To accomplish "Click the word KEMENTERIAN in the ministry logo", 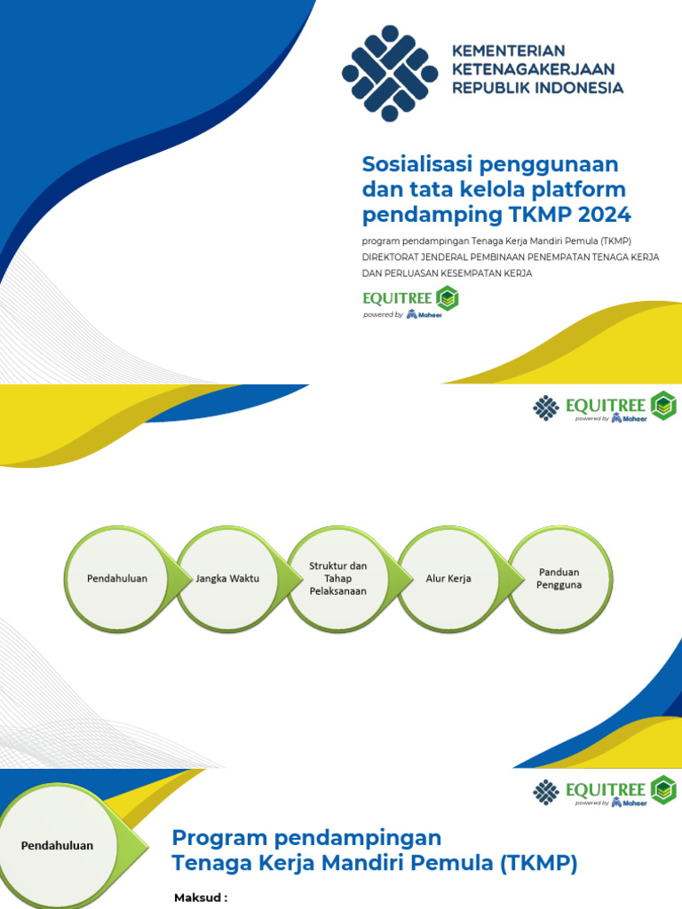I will [x=509, y=51].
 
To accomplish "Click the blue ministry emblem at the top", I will [x=390, y=73].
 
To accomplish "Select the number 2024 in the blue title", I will [x=603, y=214].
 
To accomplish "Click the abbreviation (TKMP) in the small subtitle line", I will [x=613, y=241].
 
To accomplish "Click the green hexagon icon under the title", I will [x=448, y=299].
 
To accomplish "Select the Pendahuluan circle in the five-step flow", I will [x=117, y=579].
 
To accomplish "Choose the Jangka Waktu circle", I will [x=230, y=579].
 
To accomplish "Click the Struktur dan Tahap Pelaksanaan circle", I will [x=338, y=579].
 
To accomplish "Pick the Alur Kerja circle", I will [x=448, y=579].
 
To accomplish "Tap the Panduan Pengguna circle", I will [x=559, y=579].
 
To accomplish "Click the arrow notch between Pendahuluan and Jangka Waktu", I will [x=182, y=579].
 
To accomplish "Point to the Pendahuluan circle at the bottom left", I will [x=57, y=846].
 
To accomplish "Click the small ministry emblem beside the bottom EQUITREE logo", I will [x=545, y=791].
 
